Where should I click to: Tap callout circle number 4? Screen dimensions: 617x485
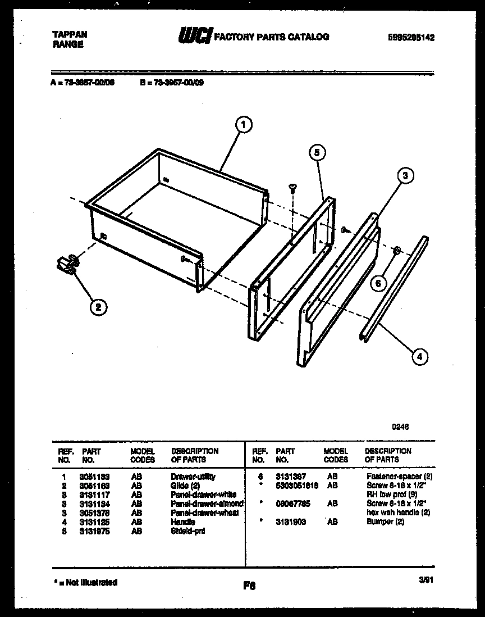[418, 356]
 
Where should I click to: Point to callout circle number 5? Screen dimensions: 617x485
[317, 153]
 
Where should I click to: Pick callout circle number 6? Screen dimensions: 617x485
[378, 283]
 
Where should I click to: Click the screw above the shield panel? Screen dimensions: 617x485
[292, 188]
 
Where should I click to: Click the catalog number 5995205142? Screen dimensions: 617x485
[411, 38]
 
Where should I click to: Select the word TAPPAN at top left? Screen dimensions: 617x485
[70, 34]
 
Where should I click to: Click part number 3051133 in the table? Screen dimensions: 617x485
[94, 477]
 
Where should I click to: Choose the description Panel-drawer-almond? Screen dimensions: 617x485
[207, 504]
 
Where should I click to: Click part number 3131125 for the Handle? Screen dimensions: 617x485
[94, 522]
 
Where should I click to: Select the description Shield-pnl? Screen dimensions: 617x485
[187, 531]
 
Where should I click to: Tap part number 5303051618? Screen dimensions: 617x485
[297, 486]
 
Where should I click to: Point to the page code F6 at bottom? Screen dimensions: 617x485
[249, 586]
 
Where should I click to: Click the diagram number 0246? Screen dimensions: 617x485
[400, 427]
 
